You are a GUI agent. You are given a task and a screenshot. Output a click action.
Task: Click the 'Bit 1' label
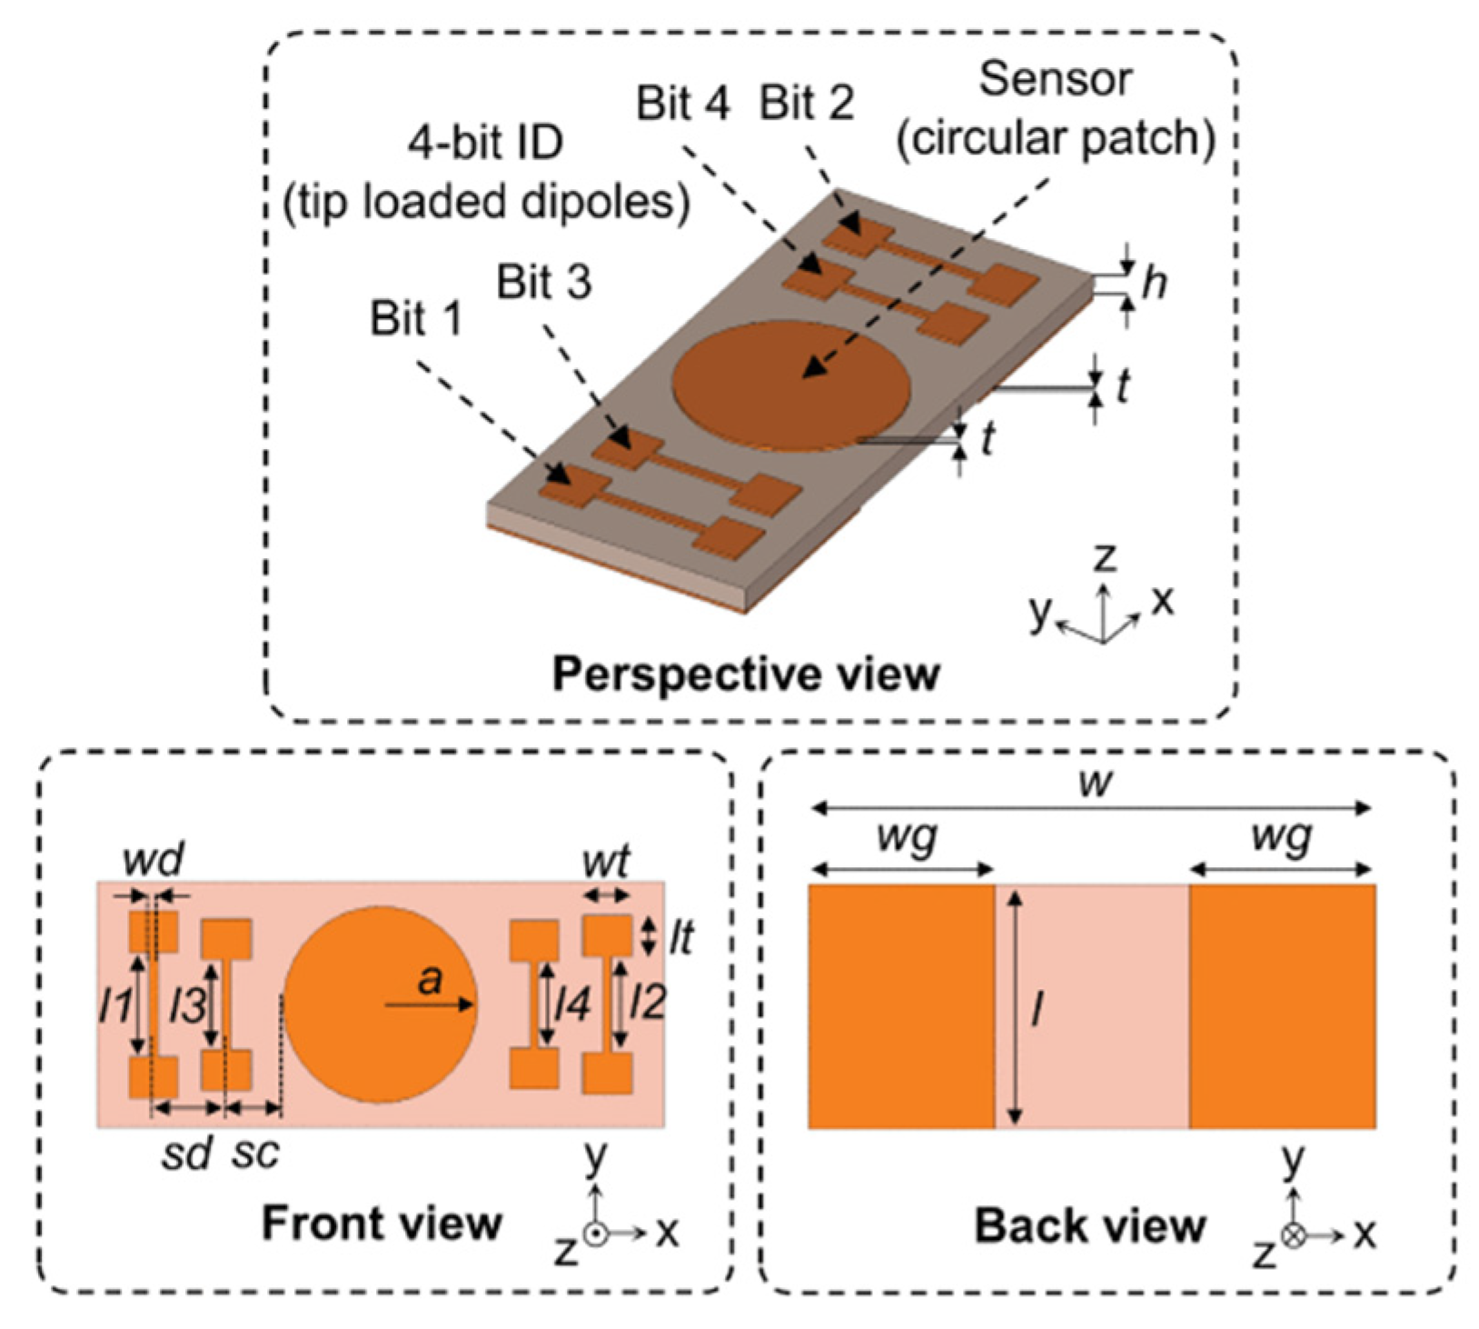pyautogui.click(x=416, y=320)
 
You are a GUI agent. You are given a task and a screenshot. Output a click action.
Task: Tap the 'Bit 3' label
pyautogui.click(x=543, y=283)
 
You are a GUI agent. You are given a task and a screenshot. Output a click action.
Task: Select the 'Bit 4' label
pyautogui.click(x=682, y=104)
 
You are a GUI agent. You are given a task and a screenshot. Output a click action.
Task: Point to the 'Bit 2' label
pyautogui.click(x=807, y=104)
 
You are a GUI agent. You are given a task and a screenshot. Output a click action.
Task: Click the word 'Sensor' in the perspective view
pyautogui.click(x=1055, y=80)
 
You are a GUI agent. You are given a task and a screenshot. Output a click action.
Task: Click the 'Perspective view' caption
pyautogui.click(x=746, y=674)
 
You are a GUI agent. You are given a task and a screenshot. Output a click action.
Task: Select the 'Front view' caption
pyautogui.click(x=382, y=1224)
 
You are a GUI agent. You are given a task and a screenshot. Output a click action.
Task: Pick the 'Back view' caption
pyautogui.click(x=1089, y=1225)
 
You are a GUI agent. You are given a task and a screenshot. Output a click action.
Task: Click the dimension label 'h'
pyautogui.click(x=1154, y=284)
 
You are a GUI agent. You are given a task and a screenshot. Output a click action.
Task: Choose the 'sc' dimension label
pyautogui.click(x=255, y=1153)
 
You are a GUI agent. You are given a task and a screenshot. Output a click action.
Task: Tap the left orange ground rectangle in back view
pyautogui.click(x=900, y=1006)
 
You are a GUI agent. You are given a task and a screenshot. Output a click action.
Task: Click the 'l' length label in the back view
pyautogui.click(x=1036, y=1007)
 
